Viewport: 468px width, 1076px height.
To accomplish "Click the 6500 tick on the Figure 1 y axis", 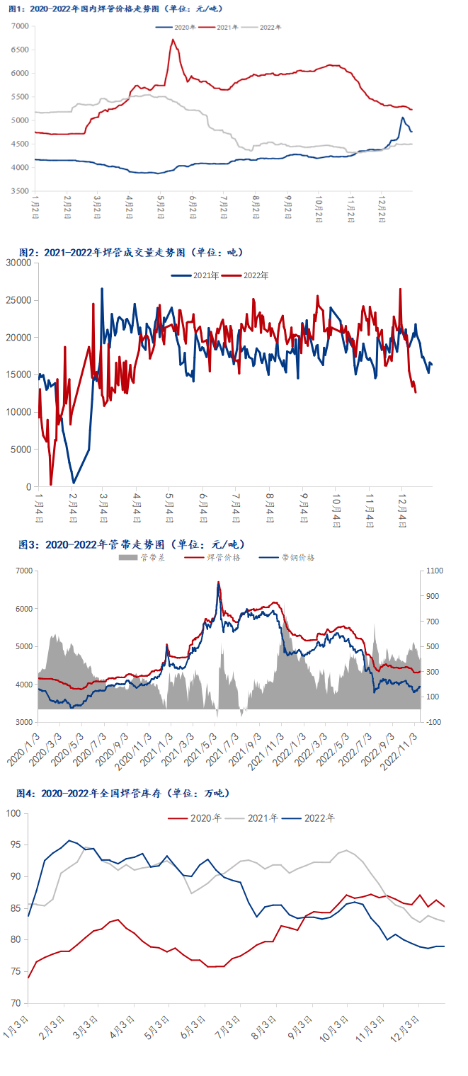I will point(20,50).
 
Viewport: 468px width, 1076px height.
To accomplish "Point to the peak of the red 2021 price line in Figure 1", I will point(173,40).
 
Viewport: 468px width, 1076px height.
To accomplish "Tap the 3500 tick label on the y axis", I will point(20,191).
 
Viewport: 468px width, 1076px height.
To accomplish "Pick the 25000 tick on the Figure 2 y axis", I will point(18,300).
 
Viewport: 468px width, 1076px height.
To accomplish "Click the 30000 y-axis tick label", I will point(18,263).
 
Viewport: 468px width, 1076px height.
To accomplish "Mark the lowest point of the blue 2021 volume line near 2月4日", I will point(74,483).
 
